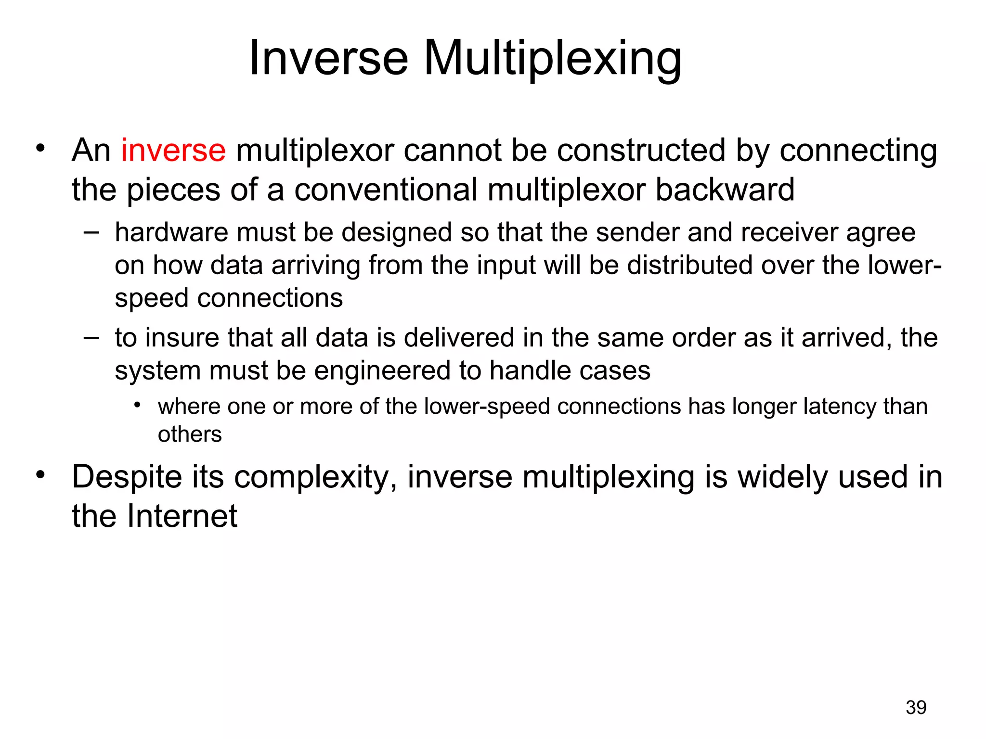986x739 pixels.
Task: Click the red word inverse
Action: click(x=173, y=151)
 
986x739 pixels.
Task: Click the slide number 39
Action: click(x=916, y=708)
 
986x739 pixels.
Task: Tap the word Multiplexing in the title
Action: click(x=552, y=59)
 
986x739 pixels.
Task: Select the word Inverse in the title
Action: click(x=329, y=59)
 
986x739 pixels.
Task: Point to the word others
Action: click(x=190, y=434)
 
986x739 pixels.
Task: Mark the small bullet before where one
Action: click(x=137, y=406)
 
